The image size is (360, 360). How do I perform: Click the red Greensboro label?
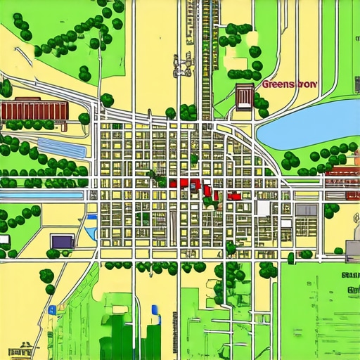[x=290, y=84]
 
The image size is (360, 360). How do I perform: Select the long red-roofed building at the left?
[x=34, y=110]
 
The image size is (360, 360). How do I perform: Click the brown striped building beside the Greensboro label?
[x=245, y=98]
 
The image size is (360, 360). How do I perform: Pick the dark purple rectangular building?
[x=61, y=241]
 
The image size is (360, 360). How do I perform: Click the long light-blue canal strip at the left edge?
[x=42, y=193]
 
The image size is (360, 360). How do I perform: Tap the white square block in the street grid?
[x=264, y=208]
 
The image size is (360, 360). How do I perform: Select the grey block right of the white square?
[x=306, y=209]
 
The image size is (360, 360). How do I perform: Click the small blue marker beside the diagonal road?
[x=52, y=309]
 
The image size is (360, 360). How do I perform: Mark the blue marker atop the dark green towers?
[x=155, y=308]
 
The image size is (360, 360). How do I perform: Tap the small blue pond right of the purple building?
[x=91, y=232]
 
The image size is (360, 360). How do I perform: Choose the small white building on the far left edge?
[x=4, y=240]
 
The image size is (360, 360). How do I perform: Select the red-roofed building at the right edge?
[x=343, y=171]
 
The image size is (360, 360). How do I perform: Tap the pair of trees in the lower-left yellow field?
[x=47, y=280]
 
